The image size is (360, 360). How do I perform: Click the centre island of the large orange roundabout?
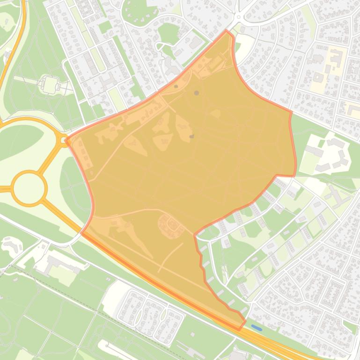pyautogui.click(x=29, y=188)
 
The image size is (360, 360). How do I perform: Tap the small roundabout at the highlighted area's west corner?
pyautogui.click(x=64, y=139)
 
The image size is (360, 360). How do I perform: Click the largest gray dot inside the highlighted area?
pyautogui.click(x=197, y=93)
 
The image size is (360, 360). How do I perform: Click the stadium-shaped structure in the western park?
pyautogui.click(x=49, y=84)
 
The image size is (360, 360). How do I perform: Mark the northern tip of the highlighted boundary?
pyautogui.click(x=227, y=31)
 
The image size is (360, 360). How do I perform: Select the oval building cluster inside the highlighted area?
pyautogui.click(x=171, y=224)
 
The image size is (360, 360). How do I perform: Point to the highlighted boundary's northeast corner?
pyautogui.click(x=291, y=112)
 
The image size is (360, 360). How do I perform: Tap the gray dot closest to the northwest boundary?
pyautogui.click(x=176, y=86)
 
